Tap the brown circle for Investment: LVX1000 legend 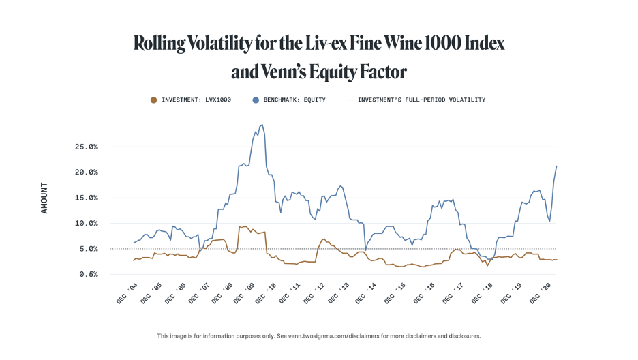[153, 100]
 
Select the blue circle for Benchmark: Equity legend [256, 100]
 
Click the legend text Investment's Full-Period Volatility [421, 100]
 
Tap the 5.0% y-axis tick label [87, 249]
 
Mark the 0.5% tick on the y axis [87, 274]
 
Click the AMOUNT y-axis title [44, 198]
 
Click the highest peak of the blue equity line [262, 125]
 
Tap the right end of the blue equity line [556, 166]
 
